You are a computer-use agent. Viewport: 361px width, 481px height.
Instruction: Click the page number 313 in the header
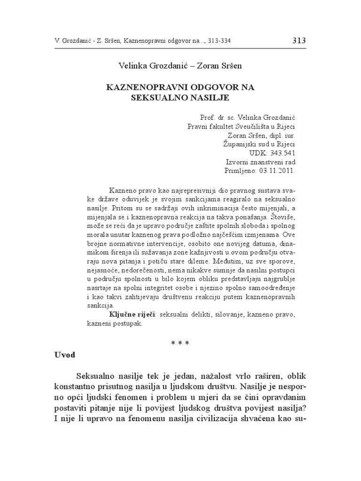point(298,40)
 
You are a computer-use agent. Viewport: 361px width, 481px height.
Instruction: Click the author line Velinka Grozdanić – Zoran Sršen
point(180,66)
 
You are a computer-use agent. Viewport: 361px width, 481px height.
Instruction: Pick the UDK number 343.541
point(281,153)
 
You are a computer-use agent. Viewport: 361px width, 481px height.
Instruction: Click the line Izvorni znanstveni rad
point(260,162)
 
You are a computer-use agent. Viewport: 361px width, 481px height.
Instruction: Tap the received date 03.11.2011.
point(277,171)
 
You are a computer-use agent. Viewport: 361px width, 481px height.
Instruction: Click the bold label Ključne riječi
point(126,313)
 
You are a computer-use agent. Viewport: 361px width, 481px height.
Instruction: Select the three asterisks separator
point(180,343)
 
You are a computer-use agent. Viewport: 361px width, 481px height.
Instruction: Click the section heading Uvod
point(64,355)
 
